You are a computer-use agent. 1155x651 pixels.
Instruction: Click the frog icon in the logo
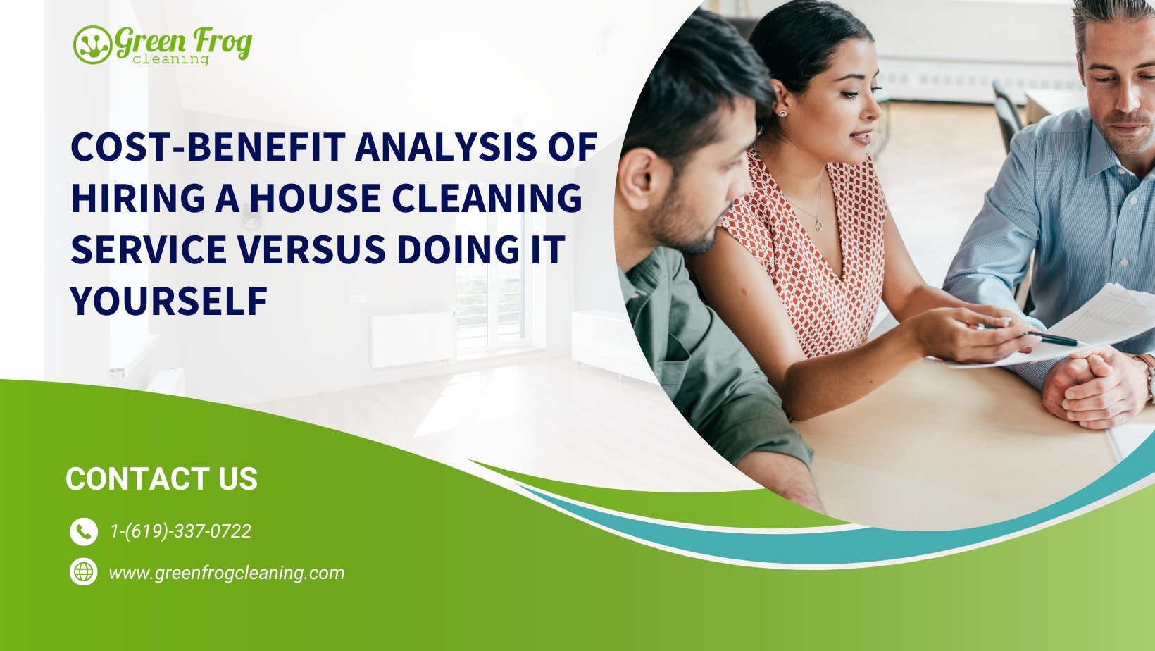pyautogui.click(x=93, y=45)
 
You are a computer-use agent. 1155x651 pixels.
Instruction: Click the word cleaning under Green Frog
pyautogui.click(x=170, y=59)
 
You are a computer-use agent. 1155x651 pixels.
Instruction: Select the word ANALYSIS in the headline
pyautogui.click(x=446, y=147)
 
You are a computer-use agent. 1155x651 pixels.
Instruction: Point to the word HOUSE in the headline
pyautogui.click(x=316, y=198)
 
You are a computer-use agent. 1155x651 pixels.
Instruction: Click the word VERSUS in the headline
pyautogui.click(x=311, y=249)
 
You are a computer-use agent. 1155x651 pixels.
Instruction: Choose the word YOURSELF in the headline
pyautogui.click(x=169, y=302)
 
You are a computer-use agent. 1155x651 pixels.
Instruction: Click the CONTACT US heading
pyautogui.click(x=161, y=478)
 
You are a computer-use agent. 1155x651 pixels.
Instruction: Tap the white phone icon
pyautogui.click(x=84, y=532)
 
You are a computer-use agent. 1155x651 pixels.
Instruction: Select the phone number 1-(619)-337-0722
pyautogui.click(x=180, y=531)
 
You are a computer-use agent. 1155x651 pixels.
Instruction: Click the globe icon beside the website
pyautogui.click(x=84, y=571)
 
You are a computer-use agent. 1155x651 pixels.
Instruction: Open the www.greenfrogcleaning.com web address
pyautogui.click(x=226, y=573)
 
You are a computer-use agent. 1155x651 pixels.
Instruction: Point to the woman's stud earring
pyautogui.click(x=782, y=113)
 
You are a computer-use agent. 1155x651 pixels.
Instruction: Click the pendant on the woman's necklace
pyautogui.click(x=818, y=225)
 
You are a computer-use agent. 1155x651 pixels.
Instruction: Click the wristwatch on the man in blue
pyautogui.click(x=1148, y=376)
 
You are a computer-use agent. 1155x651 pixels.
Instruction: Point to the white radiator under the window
pyautogui.click(x=413, y=340)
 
